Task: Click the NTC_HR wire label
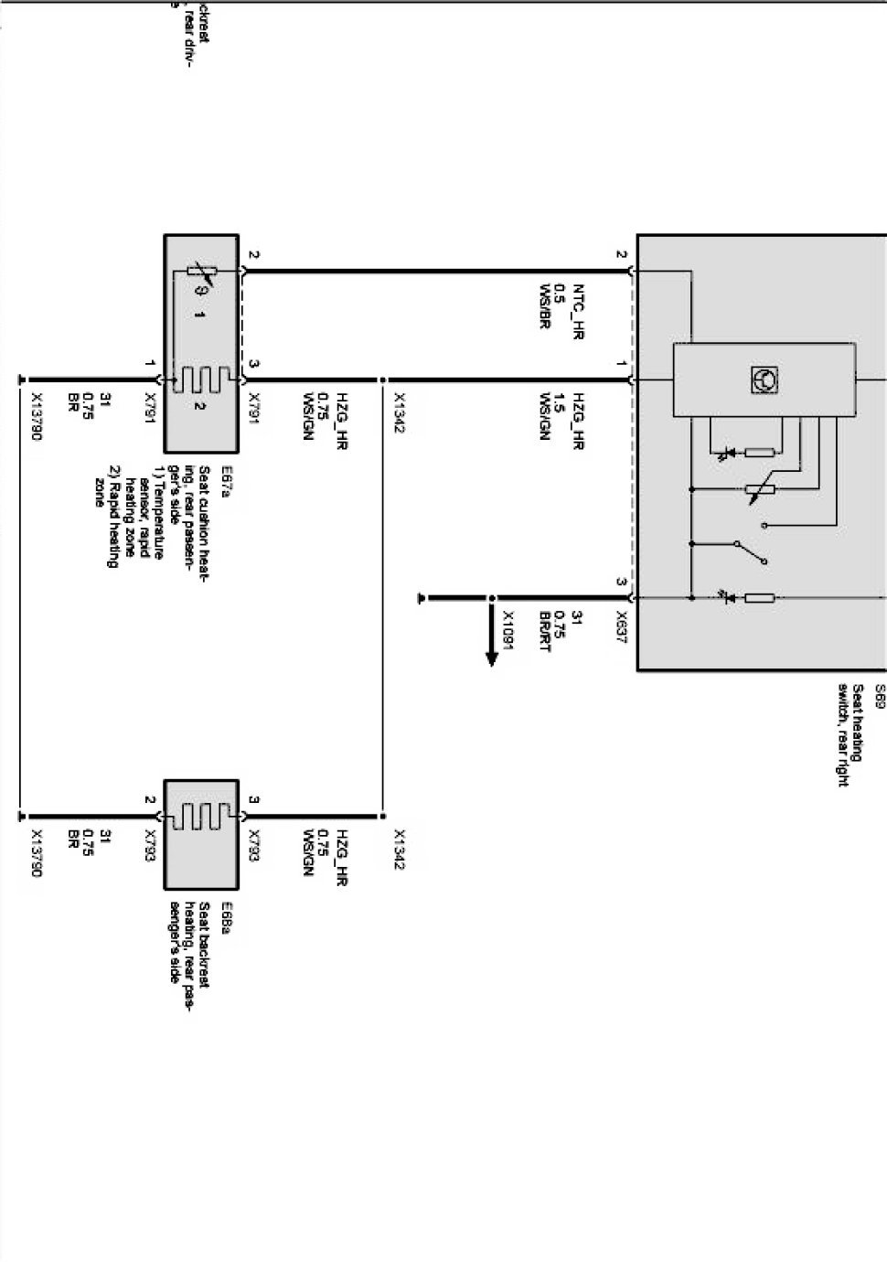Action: (577, 312)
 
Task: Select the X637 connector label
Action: (621, 627)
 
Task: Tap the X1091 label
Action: (508, 629)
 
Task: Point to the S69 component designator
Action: (880, 691)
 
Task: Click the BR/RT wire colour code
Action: (545, 631)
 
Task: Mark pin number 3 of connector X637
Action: (621, 582)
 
